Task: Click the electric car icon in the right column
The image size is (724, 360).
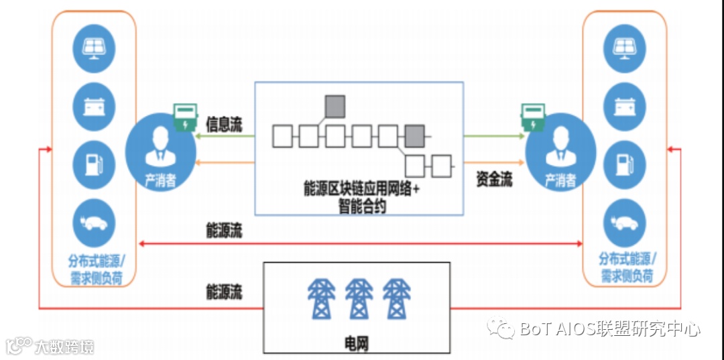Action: [625, 223]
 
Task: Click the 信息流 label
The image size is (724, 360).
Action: [224, 125]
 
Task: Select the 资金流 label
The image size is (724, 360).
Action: [494, 179]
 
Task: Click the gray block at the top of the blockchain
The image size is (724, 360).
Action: [335, 107]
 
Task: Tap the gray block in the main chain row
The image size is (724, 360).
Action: [414, 136]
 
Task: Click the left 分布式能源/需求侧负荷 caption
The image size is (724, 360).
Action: [95, 269]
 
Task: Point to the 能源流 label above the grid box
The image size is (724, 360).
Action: [224, 292]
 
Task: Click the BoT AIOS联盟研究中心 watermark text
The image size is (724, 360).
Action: [610, 329]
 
